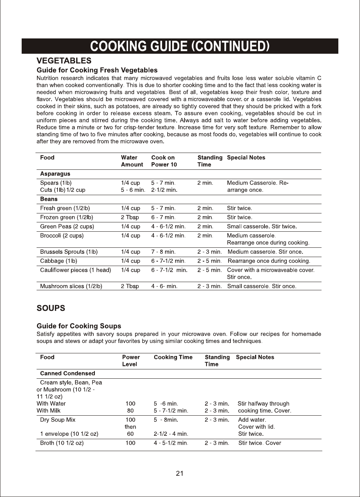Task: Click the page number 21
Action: (x=180, y=473)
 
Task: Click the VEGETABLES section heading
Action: (x=63, y=60)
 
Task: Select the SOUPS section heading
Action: (x=51, y=308)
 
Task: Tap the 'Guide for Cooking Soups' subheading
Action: (x=79, y=326)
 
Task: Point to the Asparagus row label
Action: (x=55, y=174)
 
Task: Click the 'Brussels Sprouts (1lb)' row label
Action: (x=69, y=252)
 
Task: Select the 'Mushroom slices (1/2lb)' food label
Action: (x=71, y=287)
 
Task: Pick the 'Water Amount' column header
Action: (x=132, y=161)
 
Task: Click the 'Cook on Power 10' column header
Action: (x=164, y=161)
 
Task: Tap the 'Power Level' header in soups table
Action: (x=131, y=361)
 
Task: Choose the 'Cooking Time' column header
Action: (x=173, y=357)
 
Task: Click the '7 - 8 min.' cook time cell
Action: (x=163, y=252)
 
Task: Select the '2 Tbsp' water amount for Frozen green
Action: (x=130, y=218)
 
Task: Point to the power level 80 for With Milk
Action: (x=130, y=411)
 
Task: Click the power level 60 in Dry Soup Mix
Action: (x=130, y=434)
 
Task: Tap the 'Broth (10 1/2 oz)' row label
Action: (x=62, y=443)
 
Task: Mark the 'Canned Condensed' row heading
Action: (x=68, y=373)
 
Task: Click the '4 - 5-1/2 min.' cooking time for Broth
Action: (x=171, y=443)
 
